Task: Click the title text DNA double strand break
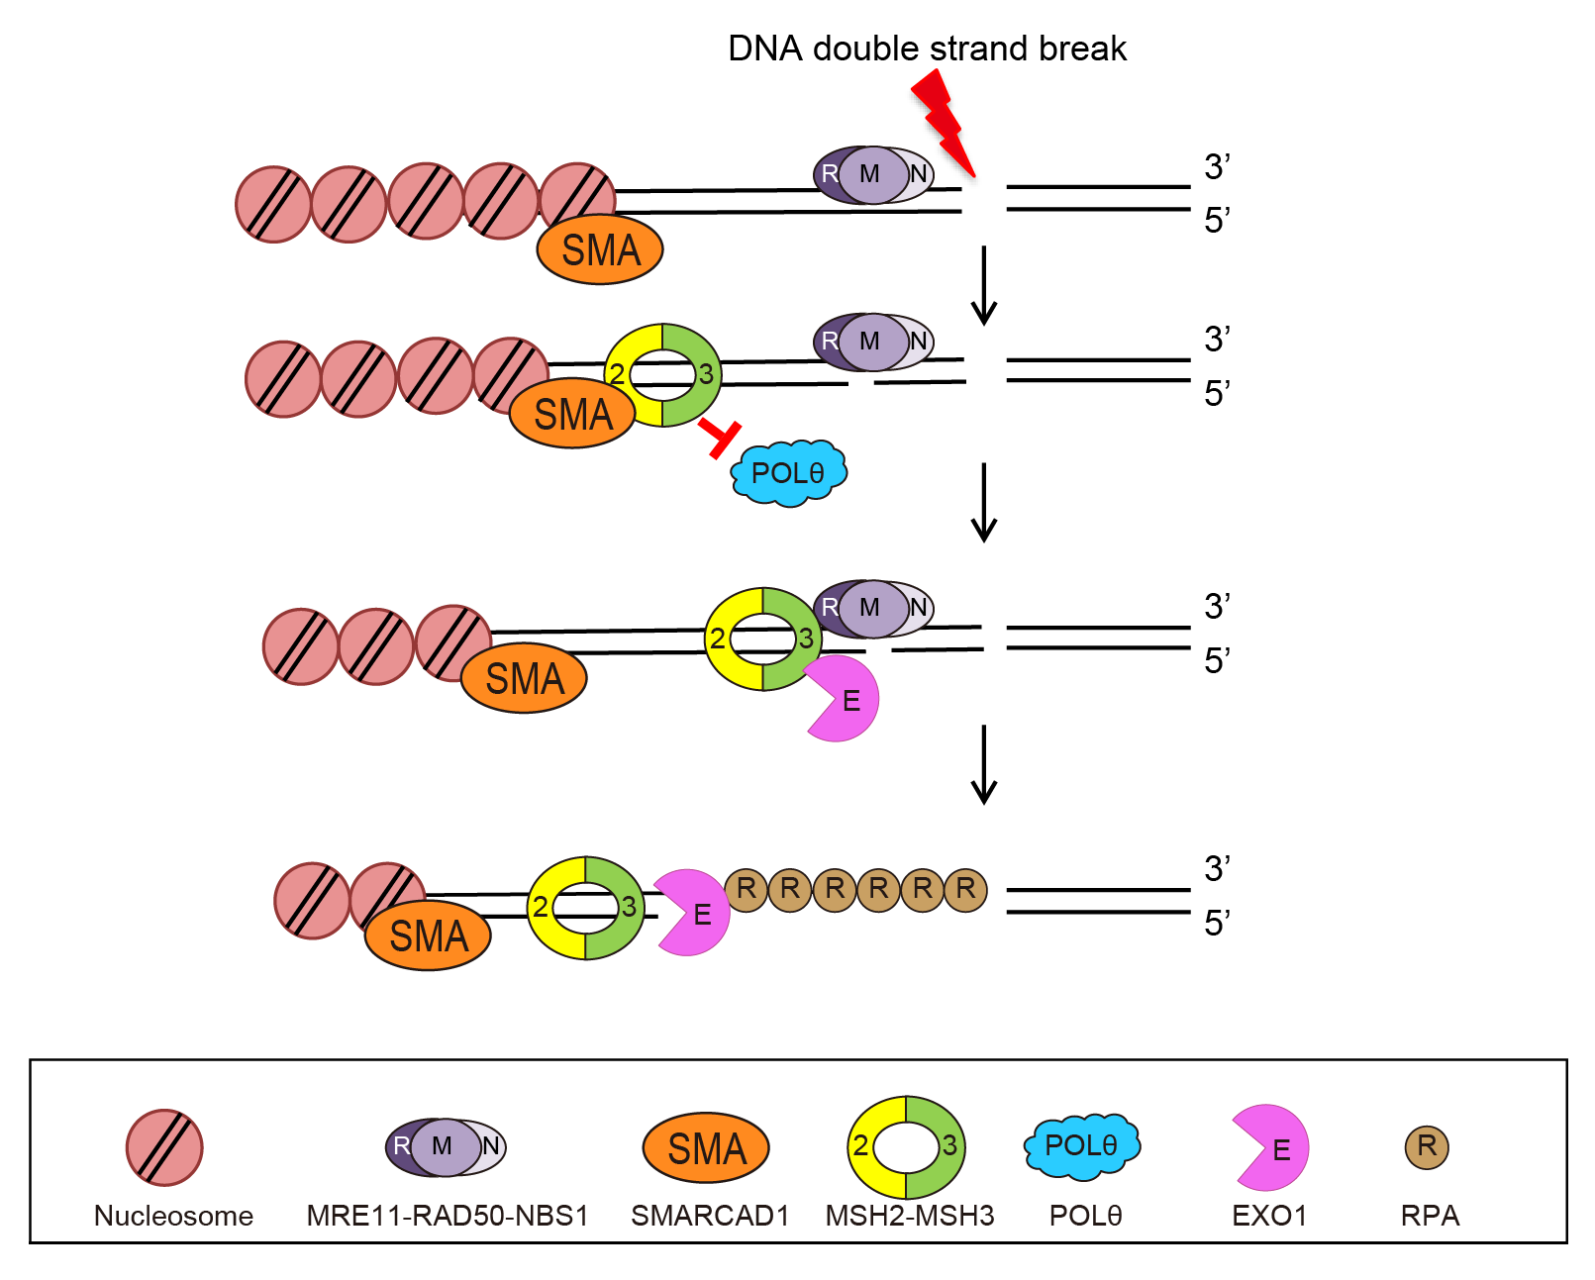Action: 927,49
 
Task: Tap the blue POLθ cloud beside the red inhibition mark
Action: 788,473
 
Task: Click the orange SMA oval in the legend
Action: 706,1148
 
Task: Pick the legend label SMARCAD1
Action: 710,1216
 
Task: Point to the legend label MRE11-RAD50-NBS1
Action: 448,1216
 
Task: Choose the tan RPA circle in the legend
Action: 1427,1146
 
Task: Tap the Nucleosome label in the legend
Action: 173,1216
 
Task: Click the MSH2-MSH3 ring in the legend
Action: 906,1147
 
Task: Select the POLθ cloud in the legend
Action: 1081,1146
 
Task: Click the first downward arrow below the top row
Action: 983,285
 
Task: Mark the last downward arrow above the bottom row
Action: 983,764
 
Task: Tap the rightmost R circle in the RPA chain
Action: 965,889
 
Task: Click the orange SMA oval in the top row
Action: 600,249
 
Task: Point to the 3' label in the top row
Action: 1217,167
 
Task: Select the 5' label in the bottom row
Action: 1217,923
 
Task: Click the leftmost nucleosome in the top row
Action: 273,205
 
